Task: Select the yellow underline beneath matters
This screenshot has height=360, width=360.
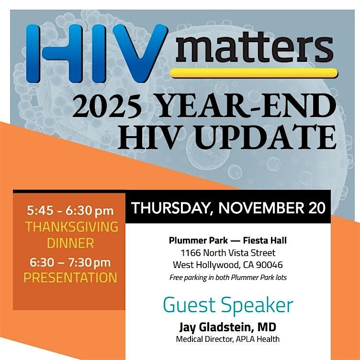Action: (x=254, y=73)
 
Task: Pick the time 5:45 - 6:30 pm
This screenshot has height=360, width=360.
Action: (x=70, y=211)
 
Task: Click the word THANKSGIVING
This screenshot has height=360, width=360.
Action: (x=71, y=227)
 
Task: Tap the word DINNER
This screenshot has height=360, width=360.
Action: (x=71, y=243)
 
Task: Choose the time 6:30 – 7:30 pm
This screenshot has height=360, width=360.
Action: (x=70, y=263)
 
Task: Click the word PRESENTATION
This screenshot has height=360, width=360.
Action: (x=70, y=278)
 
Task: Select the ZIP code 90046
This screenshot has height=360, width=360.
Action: (x=270, y=265)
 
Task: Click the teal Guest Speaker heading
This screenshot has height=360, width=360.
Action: (x=228, y=305)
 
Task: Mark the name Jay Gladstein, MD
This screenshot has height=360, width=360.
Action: (x=227, y=327)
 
